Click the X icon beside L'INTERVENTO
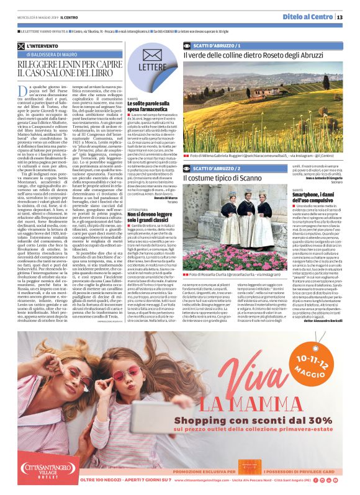tap(22, 46)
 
